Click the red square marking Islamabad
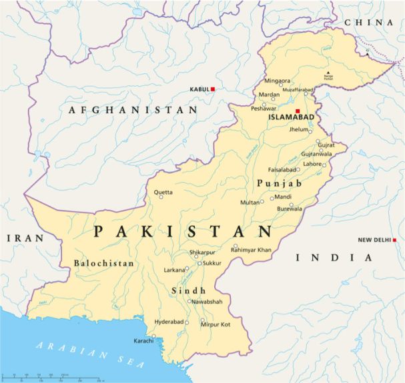click(298, 111)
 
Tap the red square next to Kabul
click(213, 89)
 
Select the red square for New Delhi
click(395, 240)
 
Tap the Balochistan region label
click(104, 263)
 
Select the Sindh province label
click(188, 291)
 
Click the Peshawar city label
click(263, 107)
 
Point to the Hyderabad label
click(167, 321)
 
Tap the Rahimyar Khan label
click(251, 249)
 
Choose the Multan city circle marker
click(262, 201)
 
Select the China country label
click(369, 23)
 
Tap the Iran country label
click(25, 238)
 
